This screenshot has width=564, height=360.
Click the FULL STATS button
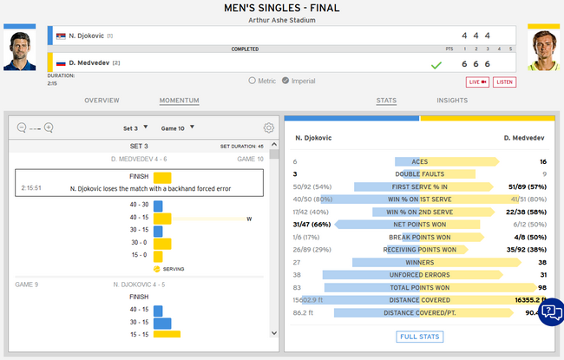pyautogui.click(x=420, y=337)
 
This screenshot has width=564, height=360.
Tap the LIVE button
pyautogui.click(x=478, y=82)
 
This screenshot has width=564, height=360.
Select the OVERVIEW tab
pyautogui.click(x=102, y=101)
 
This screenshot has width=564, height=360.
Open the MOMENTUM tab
pyautogui.click(x=179, y=101)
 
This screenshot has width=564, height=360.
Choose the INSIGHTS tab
pyautogui.click(x=452, y=101)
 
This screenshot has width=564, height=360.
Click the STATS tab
pyautogui.click(x=387, y=101)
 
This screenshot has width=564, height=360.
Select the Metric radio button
pyautogui.click(x=252, y=81)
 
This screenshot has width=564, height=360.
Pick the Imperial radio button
pyautogui.click(x=285, y=81)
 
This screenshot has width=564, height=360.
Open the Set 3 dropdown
pyautogui.click(x=135, y=128)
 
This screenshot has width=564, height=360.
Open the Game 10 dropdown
pyautogui.click(x=178, y=128)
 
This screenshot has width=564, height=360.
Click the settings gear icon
pyautogui.click(x=269, y=128)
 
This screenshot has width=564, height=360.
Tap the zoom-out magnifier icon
pyautogui.click(x=22, y=128)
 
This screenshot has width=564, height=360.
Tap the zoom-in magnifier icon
pyautogui.click(x=49, y=128)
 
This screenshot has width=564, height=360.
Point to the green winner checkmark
pyautogui.click(x=436, y=65)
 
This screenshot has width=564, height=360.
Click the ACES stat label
pyautogui.click(x=420, y=161)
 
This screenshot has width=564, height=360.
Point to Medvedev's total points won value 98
pyautogui.click(x=541, y=287)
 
